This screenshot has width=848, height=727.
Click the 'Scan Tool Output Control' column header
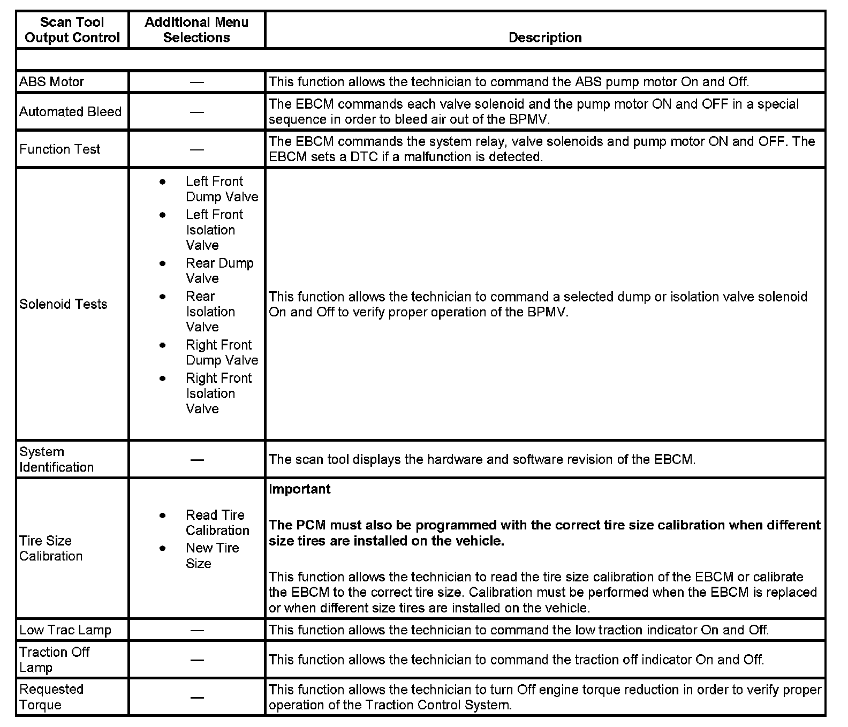[72, 30]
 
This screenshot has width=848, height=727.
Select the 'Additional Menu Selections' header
[196, 30]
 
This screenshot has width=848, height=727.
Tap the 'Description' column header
[545, 37]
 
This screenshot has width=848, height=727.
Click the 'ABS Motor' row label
[52, 82]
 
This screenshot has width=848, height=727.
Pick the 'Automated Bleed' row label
[71, 112]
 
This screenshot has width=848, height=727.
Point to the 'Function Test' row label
[60, 149]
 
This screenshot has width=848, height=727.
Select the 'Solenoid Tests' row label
[63, 304]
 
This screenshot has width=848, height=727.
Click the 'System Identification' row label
[56, 459]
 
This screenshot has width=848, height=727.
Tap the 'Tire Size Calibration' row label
[51, 548]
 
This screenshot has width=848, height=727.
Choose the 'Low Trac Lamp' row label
[65, 630]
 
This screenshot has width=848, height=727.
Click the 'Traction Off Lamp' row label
[54, 660]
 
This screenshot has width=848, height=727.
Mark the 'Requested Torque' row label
[51, 697]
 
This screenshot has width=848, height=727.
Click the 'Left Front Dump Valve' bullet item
[222, 189]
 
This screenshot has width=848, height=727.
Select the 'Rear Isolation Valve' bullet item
[210, 312]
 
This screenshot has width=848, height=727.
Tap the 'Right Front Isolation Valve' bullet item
[218, 393]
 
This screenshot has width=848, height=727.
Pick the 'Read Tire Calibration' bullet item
[217, 522]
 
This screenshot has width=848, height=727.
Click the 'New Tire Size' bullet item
[212, 556]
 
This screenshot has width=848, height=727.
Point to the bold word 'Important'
[300, 489]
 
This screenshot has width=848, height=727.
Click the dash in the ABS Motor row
[197, 82]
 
